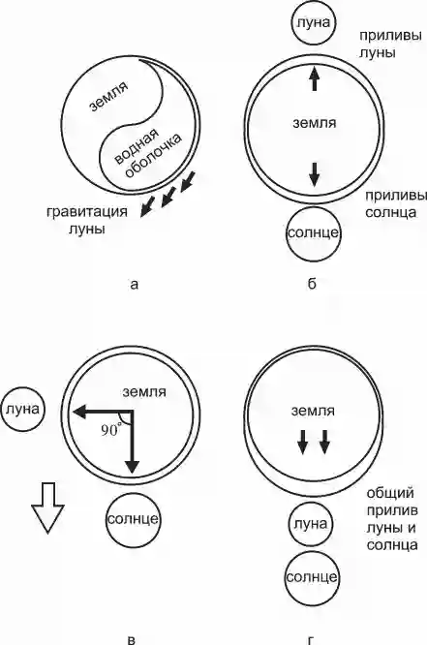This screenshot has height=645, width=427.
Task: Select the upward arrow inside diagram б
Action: (x=315, y=78)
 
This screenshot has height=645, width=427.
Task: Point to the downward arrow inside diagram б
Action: (x=315, y=175)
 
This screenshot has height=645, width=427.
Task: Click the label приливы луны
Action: (x=390, y=44)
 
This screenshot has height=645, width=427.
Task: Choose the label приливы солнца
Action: (x=396, y=204)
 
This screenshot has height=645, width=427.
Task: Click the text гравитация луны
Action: (x=87, y=220)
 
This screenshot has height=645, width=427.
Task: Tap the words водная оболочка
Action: (x=147, y=155)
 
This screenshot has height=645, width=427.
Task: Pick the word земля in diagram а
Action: (x=109, y=96)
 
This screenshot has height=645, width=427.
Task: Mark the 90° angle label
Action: (x=111, y=430)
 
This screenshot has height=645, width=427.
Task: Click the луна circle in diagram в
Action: (x=23, y=410)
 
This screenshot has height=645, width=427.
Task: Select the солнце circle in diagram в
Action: (x=133, y=519)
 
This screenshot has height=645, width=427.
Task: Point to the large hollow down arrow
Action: (x=48, y=508)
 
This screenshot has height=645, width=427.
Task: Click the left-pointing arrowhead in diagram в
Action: (x=79, y=411)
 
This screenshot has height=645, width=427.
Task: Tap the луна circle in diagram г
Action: (x=311, y=525)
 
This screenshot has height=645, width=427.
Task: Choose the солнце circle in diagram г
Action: (x=312, y=577)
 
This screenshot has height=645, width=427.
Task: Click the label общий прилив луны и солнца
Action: (x=392, y=519)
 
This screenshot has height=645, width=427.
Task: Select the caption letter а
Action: (x=134, y=284)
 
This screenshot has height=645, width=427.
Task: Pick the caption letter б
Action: (x=312, y=283)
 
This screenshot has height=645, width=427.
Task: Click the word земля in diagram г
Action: (x=313, y=411)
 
